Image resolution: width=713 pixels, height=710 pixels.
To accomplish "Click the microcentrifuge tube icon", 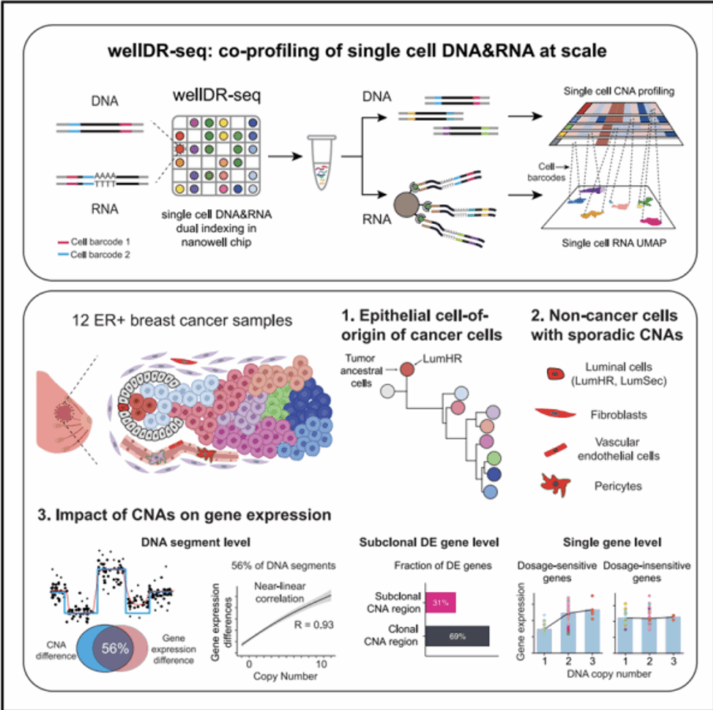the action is click(x=322, y=161).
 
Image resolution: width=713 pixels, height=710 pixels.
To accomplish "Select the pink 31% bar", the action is click(x=441, y=603).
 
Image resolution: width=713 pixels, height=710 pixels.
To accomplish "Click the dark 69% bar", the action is click(x=457, y=636).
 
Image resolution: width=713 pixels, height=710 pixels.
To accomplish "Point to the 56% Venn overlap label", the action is click(x=115, y=648).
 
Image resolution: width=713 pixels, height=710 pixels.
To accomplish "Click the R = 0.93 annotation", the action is click(x=314, y=625).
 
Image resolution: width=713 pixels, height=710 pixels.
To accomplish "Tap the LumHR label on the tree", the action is click(x=442, y=358).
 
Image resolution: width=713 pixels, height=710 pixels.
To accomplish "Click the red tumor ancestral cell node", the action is click(x=407, y=369).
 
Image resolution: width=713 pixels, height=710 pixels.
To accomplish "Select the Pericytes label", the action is click(x=618, y=487).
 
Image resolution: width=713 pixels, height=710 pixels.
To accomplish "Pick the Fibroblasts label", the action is click(x=618, y=415).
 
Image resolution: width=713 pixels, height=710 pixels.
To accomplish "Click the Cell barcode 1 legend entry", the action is click(x=94, y=242).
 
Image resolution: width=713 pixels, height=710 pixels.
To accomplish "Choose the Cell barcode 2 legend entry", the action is click(x=94, y=255).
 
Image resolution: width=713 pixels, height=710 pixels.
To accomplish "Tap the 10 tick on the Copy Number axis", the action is click(x=322, y=664).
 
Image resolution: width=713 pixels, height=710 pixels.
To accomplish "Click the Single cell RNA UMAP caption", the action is click(x=614, y=243).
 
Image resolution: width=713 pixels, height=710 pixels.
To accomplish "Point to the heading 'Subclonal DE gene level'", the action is click(x=429, y=542).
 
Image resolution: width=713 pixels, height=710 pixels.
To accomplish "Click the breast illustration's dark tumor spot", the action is click(x=64, y=413).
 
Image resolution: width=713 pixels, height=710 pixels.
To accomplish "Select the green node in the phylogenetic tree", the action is click(x=494, y=458).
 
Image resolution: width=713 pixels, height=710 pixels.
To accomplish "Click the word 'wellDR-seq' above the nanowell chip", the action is click(x=217, y=95).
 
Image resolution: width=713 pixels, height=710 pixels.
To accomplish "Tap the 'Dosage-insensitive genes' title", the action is click(x=647, y=571).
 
